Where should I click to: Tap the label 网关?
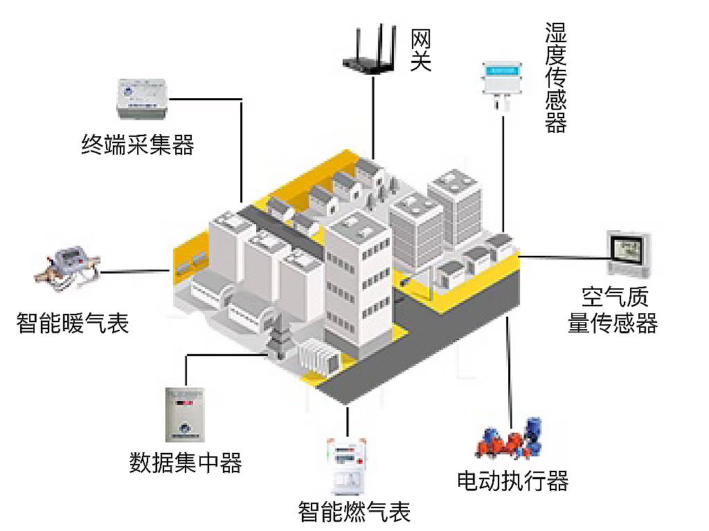[420, 50]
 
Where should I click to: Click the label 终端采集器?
[138, 145]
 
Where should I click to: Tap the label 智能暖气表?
[73, 322]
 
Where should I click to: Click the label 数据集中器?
[186, 462]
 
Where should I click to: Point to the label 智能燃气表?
[354, 512]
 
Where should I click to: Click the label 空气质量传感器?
[613, 310]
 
